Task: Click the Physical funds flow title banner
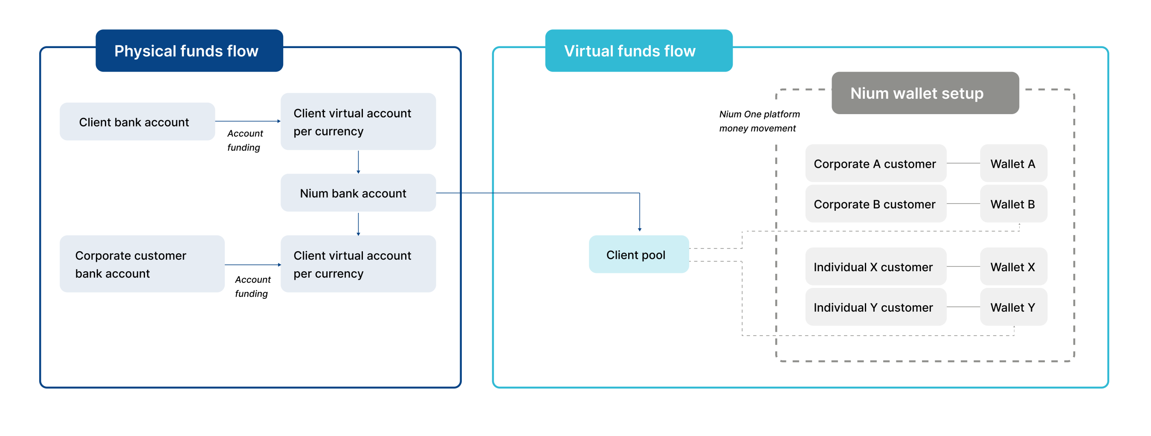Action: pyautogui.click(x=189, y=51)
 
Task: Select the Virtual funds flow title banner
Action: pyautogui.click(x=638, y=51)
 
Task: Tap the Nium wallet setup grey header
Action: pyautogui.click(x=925, y=93)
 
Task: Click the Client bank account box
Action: pyautogui.click(x=137, y=122)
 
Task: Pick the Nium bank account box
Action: pyautogui.click(x=357, y=193)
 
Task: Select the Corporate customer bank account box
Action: pyautogui.click(x=142, y=264)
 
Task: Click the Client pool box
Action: pyautogui.click(x=638, y=254)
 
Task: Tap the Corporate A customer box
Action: pyautogui.click(x=875, y=163)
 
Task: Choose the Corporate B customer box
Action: pyautogui.click(x=875, y=204)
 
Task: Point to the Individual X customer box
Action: pyautogui.click(x=875, y=267)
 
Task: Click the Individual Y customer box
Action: pyautogui.click(x=875, y=307)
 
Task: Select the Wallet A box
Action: pyautogui.click(x=1013, y=163)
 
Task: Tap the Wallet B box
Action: pyautogui.click(x=1013, y=204)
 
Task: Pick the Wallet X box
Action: pyautogui.click(x=1013, y=267)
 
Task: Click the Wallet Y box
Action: pyautogui.click(x=1013, y=307)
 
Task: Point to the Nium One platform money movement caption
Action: pyautogui.click(x=759, y=121)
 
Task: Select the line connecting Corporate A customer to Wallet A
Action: pyautogui.click(x=963, y=163)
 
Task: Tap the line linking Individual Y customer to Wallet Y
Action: pyautogui.click(x=963, y=307)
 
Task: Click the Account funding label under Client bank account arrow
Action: pyautogui.click(x=244, y=140)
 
